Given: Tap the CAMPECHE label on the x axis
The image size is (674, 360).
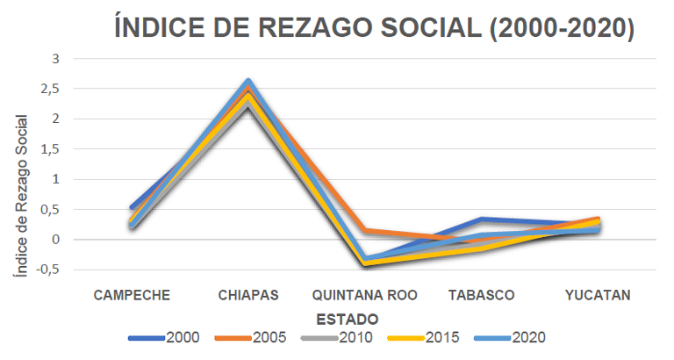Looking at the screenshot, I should coord(132,294).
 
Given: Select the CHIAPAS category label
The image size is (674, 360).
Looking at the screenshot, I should coord(248,294).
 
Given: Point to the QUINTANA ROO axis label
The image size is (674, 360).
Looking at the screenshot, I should coord(366,294).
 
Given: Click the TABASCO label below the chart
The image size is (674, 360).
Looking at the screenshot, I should coord(483,294).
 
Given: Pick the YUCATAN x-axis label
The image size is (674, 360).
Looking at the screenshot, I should coord(597,294).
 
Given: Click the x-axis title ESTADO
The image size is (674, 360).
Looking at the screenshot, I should coord(348,317).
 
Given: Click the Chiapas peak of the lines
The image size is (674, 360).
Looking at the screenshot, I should coord(248,83).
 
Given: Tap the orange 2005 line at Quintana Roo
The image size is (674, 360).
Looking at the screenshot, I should coord(366,231).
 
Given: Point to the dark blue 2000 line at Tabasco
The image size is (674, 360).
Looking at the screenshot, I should coord(483,220).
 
